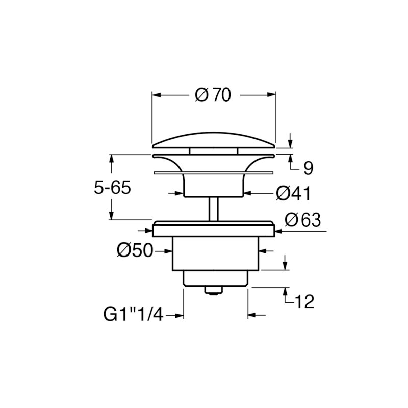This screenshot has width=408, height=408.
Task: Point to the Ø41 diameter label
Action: (293, 193)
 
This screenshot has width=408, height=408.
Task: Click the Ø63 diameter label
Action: (303, 220)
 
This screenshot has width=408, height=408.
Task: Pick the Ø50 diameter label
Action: (135, 250)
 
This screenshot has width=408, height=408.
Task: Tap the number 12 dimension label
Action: (304, 301)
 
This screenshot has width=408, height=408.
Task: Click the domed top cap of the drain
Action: (214, 140)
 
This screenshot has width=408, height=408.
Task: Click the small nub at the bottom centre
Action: (214, 290)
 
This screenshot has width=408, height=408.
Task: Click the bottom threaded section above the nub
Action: (214, 278)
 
